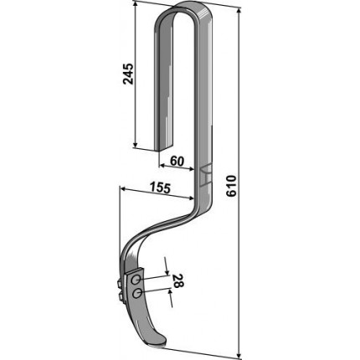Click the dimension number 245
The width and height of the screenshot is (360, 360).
tap(128, 74)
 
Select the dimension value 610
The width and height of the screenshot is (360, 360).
tap(231, 186)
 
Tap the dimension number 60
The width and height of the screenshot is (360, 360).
tap(177, 161)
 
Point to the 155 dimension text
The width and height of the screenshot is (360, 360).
tap(160, 188)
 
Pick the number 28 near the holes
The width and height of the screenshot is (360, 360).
tap(178, 280)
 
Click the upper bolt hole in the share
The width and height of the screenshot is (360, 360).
tap(136, 280)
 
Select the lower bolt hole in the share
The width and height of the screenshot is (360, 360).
tap(137, 294)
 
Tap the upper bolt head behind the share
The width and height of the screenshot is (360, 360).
tap(120, 283)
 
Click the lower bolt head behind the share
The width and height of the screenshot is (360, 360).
tap(121, 296)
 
